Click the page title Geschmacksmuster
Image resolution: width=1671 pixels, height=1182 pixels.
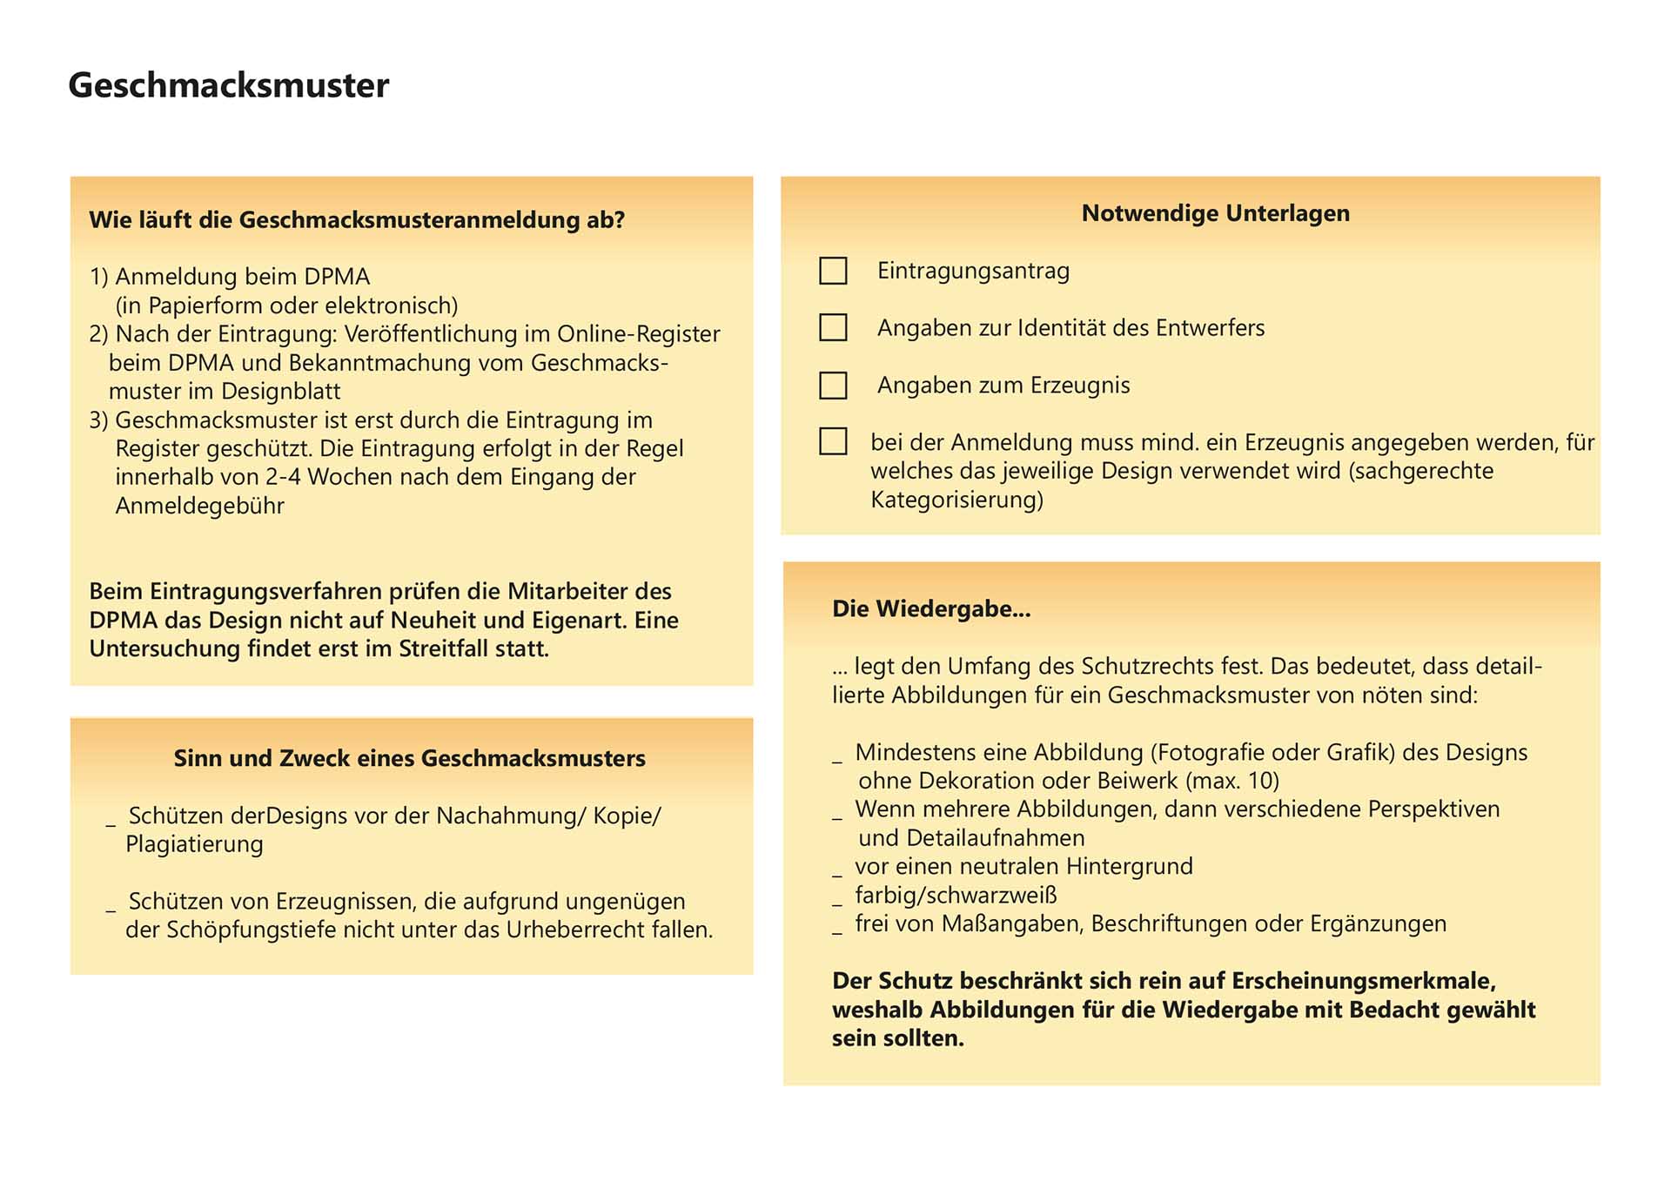pyautogui.click(x=228, y=85)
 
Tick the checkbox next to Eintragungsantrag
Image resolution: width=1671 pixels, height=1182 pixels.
pyautogui.click(x=833, y=271)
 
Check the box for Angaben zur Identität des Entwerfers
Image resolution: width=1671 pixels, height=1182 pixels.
pyautogui.click(x=833, y=327)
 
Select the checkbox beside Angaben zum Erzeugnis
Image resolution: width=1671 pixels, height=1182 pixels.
pyautogui.click(x=833, y=385)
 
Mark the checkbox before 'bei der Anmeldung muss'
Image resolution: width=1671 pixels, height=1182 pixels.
pyautogui.click(x=833, y=441)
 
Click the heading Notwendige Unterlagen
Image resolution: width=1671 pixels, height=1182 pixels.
pyautogui.click(x=1215, y=213)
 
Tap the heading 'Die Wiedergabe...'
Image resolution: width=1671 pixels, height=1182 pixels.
pyautogui.click(x=930, y=608)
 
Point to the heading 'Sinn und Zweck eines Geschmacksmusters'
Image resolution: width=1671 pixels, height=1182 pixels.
pyautogui.click(x=409, y=758)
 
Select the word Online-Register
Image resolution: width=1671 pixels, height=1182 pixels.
pyautogui.click(x=638, y=334)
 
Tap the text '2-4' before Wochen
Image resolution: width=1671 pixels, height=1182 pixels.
pyautogui.click(x=283, y=477)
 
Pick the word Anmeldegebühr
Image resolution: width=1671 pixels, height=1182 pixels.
pyautogui.click(x=199, y=506)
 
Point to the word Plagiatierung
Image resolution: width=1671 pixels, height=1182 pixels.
pyautogui.click(x=194, y=844)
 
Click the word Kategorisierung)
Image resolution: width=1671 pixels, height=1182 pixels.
pyautogui.click(x=956, y=500)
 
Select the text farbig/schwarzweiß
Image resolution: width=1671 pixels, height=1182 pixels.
pyautogui.click(x=956, y=895)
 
